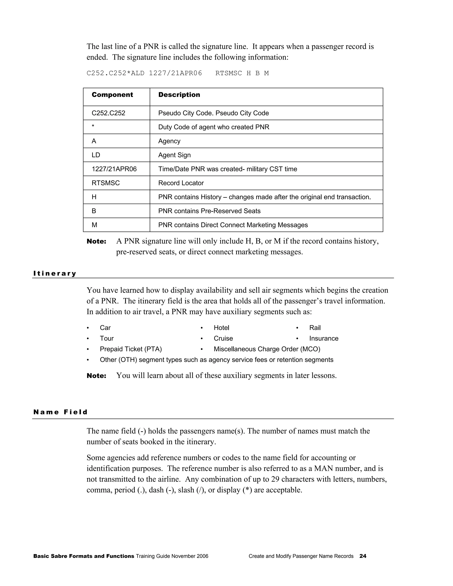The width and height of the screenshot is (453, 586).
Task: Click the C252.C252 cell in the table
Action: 108,113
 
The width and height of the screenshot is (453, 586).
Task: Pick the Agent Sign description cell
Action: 175,155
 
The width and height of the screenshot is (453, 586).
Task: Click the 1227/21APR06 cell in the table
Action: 114,169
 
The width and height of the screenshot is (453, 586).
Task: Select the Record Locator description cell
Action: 181,183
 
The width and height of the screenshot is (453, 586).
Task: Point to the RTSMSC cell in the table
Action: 106,183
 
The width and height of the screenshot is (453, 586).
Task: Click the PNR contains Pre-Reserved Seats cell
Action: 209,211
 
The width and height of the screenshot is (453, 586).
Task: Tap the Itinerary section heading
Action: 55,273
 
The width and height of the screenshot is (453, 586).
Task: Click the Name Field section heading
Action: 60,412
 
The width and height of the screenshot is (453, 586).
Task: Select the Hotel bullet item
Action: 221,328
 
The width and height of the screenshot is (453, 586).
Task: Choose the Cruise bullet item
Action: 223,338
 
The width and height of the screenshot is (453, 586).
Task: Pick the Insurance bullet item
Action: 324,338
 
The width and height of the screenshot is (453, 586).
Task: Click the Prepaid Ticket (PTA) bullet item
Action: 131,349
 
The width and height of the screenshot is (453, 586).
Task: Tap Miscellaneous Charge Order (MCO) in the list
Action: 267,349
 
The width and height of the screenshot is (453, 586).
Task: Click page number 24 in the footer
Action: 363,556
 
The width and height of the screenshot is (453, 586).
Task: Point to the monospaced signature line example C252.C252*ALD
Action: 177,73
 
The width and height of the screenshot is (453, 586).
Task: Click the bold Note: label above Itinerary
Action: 97,241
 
